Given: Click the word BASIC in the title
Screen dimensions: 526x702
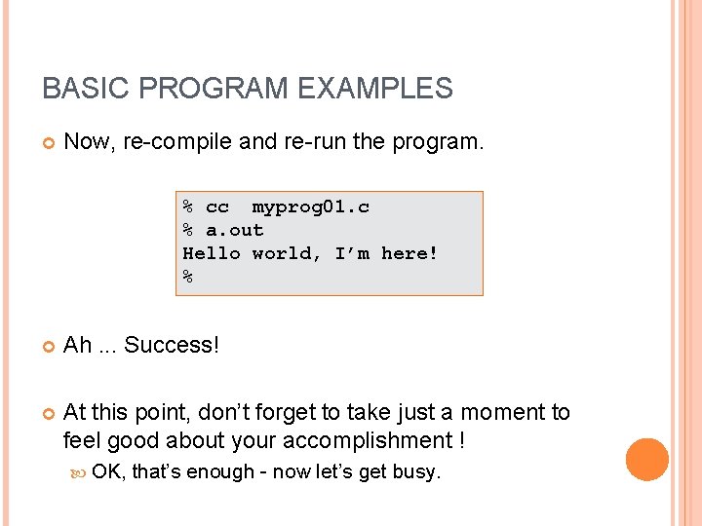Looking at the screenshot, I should tap(75, 89).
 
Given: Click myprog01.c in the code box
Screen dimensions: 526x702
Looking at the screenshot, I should tap(310, 207).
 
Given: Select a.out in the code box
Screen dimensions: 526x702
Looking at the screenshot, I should tap(235, 230).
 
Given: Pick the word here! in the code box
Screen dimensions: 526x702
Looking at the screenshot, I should tap(409, 253).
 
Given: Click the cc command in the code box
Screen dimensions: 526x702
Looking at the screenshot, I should tap(217, 207).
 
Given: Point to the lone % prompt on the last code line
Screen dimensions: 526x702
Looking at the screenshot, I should tap(188, 277).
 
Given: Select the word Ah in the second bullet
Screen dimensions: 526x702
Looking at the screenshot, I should tap(77, 345).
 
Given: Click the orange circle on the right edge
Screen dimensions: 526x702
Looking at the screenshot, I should tap(646, 460).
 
